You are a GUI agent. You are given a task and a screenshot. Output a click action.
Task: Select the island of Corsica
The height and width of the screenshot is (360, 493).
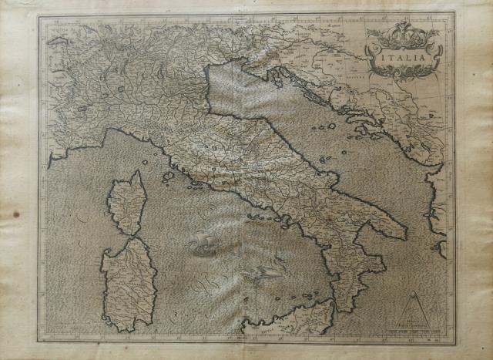[128, 202]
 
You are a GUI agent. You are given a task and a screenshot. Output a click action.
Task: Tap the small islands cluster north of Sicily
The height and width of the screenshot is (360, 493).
[308, 294]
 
